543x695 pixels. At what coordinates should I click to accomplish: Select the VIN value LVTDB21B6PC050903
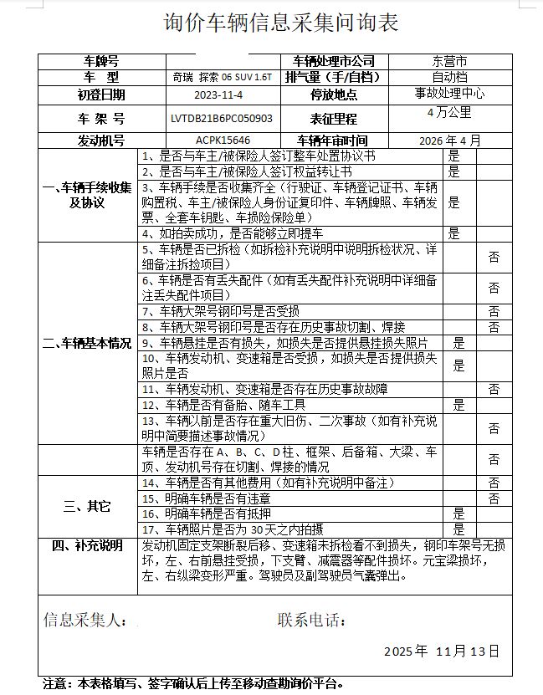221,120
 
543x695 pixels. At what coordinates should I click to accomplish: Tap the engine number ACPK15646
223,141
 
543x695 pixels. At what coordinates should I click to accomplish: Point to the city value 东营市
449,62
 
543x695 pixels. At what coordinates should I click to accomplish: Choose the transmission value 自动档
448,77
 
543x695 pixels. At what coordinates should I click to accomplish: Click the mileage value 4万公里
448,111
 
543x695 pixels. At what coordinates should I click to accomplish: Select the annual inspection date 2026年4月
450,141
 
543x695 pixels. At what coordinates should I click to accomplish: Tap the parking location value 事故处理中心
449,93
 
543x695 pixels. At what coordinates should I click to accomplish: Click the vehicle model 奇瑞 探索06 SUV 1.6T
221,77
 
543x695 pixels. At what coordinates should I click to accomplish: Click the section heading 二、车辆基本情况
87,344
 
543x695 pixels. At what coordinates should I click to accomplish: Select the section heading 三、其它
87,506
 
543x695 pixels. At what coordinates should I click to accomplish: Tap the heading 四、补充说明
87,545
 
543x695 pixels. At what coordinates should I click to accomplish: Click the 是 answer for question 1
454,156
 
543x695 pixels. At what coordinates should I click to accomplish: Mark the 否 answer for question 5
494,258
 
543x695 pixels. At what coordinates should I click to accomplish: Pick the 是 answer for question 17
458,529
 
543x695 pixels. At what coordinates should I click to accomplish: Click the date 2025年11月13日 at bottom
441,650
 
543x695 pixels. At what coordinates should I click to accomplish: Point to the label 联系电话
310,621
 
